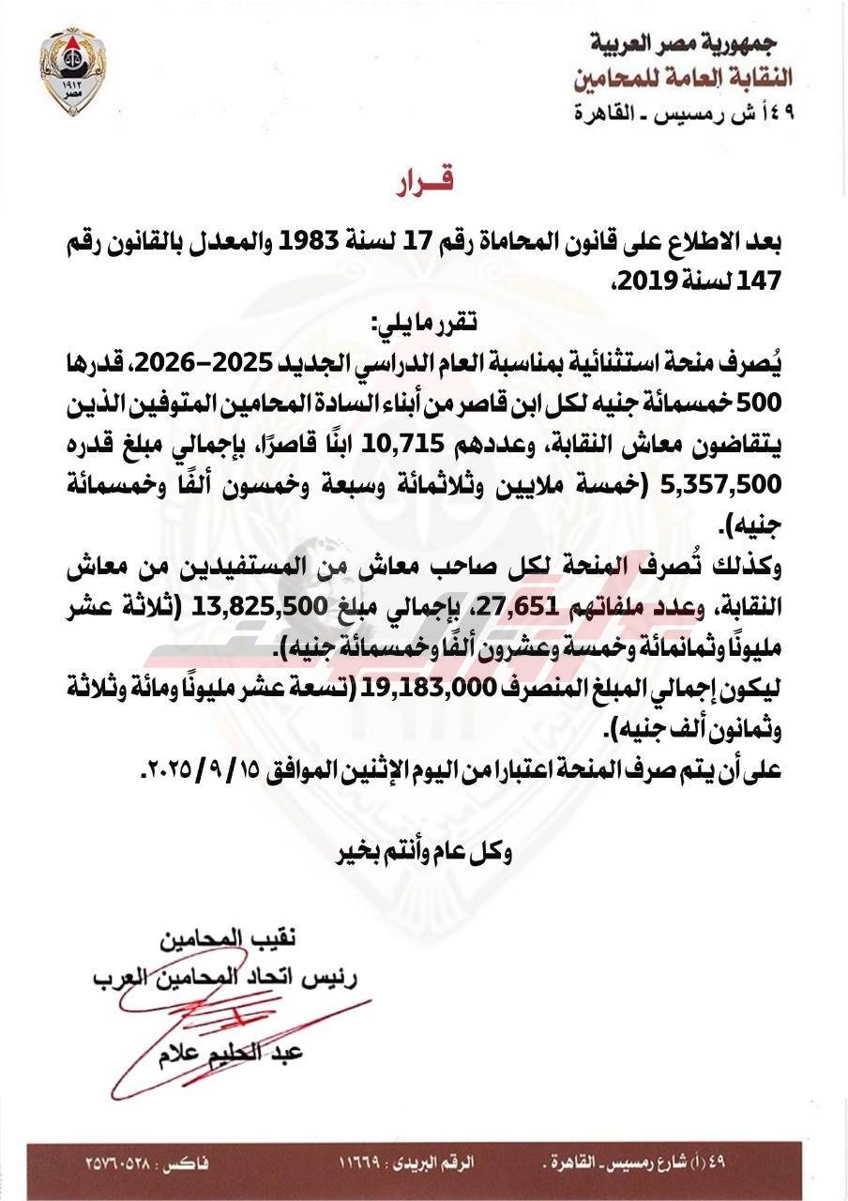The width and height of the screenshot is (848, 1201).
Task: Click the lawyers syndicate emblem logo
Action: pyautogui.click(x=72, y=70)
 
